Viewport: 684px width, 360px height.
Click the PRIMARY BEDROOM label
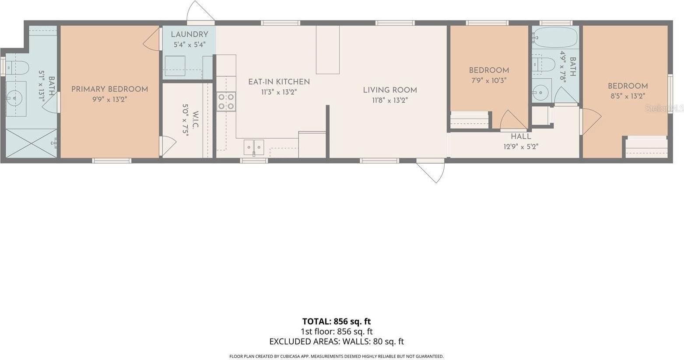click(109, 89)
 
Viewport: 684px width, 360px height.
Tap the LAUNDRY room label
click(189, 35)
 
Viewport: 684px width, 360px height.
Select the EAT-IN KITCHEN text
click(279, 82)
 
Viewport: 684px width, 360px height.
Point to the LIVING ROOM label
click(389, 90)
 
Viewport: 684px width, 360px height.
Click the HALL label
click(521, 136)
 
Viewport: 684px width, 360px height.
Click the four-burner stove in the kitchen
click(226, 101)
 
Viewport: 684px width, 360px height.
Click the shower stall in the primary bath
click(31, 143)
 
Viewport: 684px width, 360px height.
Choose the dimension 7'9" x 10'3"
click(489, 80)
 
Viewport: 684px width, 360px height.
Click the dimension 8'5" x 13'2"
click(628, 96)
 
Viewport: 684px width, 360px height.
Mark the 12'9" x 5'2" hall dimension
click(520, 147)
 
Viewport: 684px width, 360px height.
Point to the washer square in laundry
click(175, 66)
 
